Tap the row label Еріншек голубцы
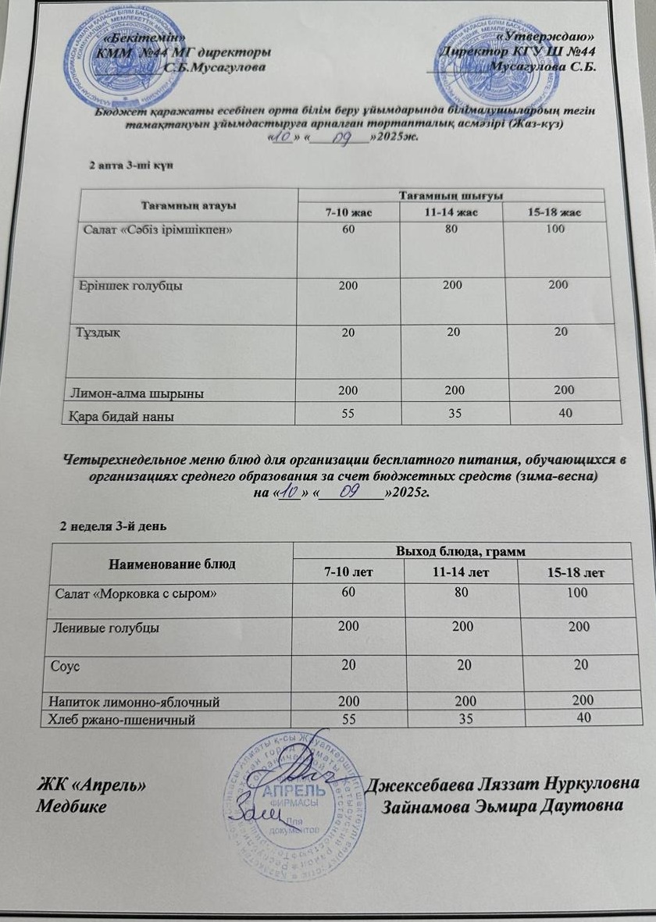pyautogui.click(x=132, y=286)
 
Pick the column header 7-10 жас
pyautogui.click(x=348, y=212)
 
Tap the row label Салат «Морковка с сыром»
pyautogui.click(x=135, y=594)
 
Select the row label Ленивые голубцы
pyautogui.click(x=105, y=628)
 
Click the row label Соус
pyautogui.click(x=67, y=666)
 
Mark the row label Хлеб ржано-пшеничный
pyautogui.click(x=119, y=720)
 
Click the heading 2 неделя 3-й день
pyautogui.click(x=112, y=527)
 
